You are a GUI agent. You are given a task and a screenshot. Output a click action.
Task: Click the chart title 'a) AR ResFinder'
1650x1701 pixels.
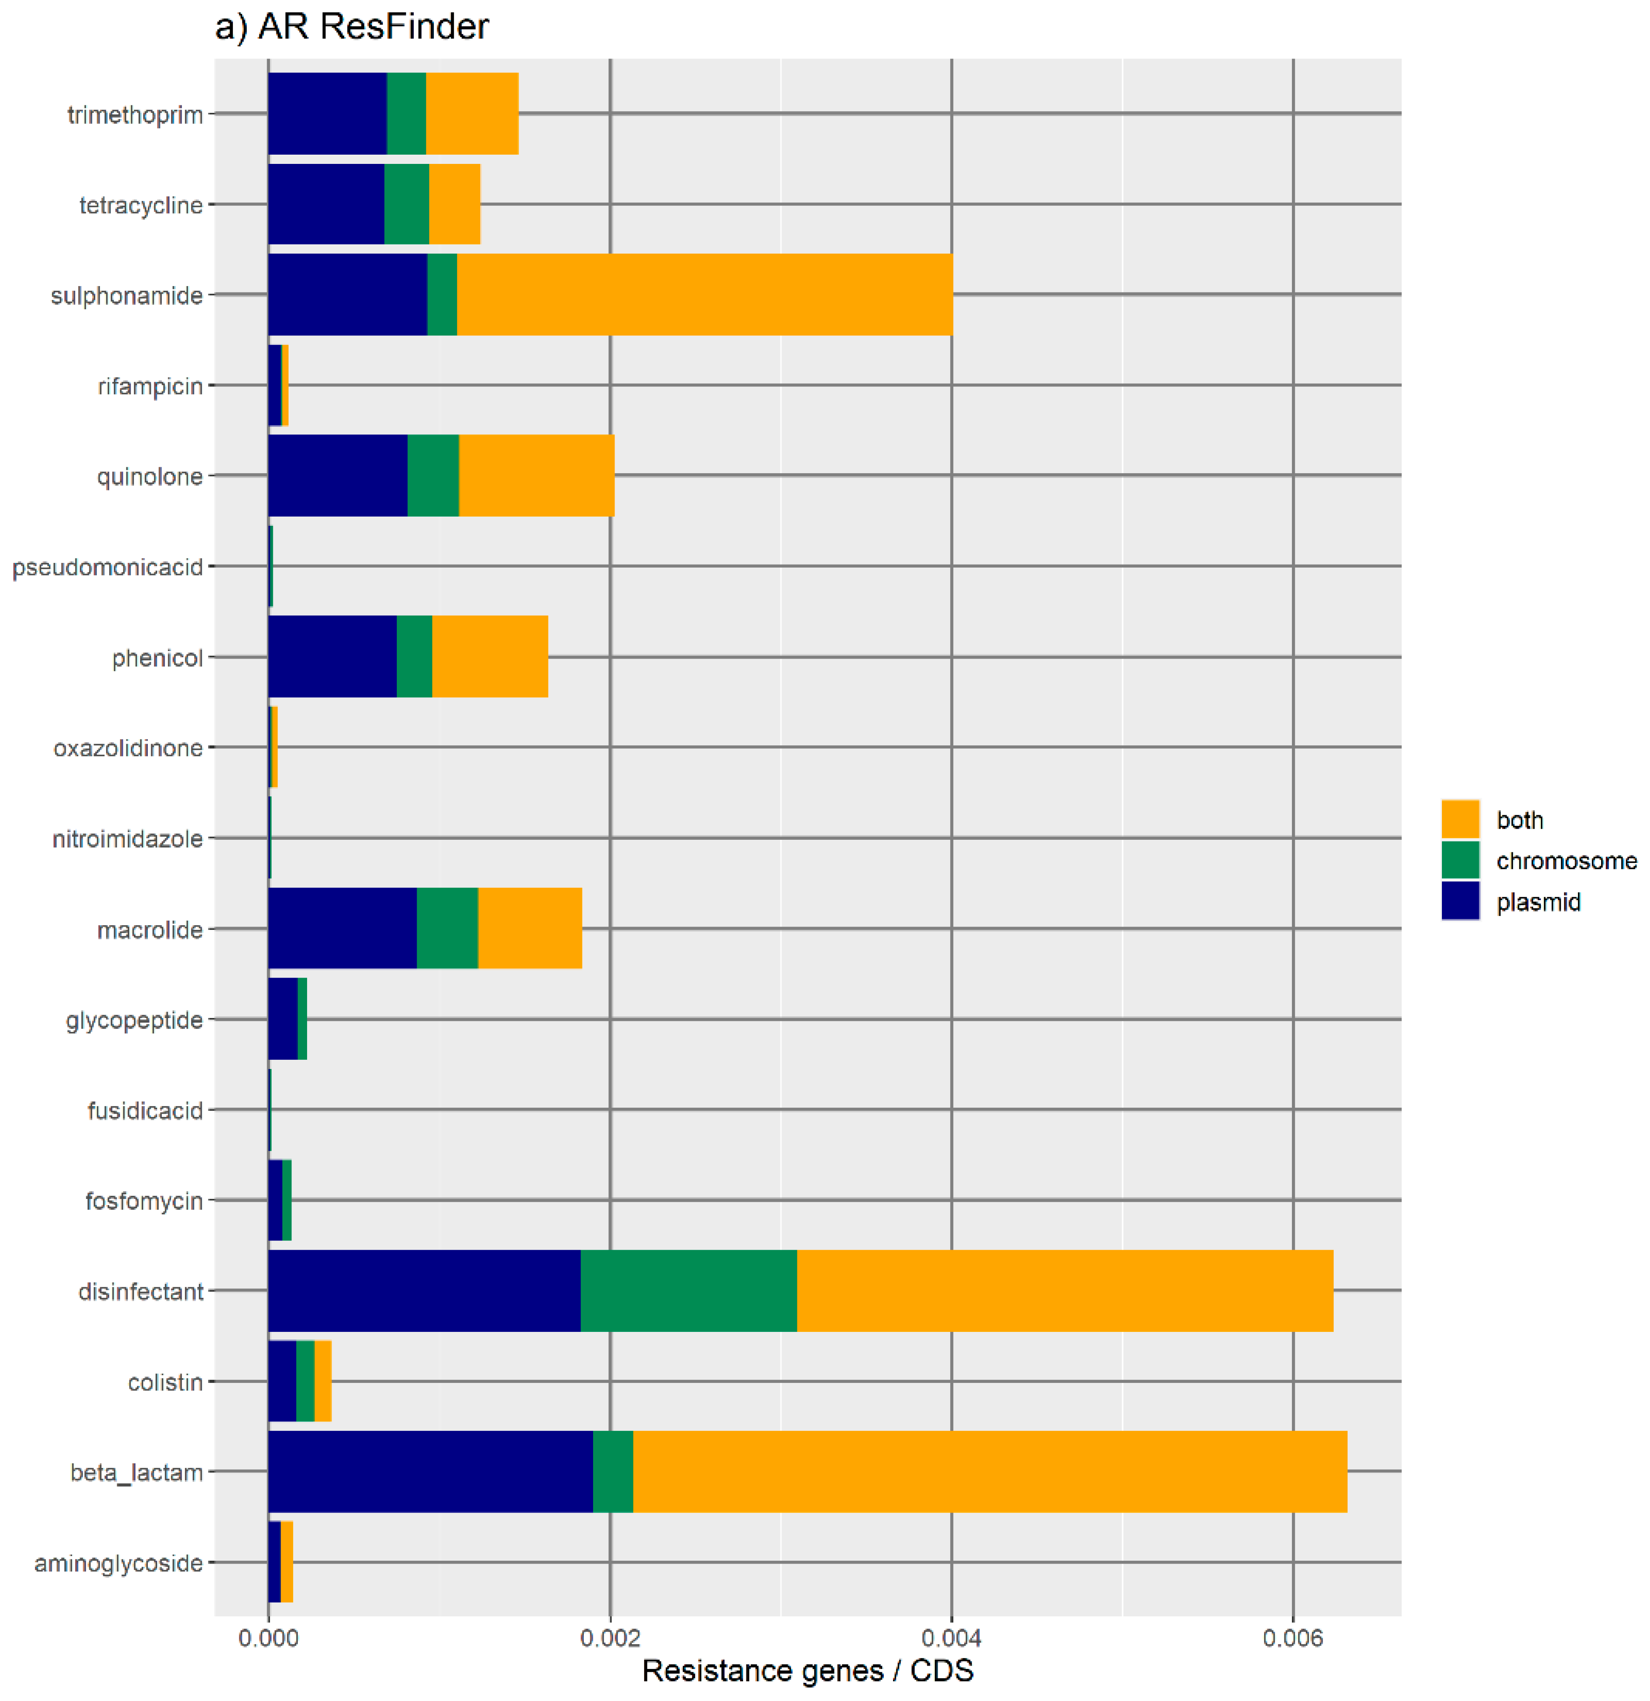tap(351, 27)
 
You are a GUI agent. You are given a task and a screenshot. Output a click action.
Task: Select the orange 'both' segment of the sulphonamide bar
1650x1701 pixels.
tap(704, 294)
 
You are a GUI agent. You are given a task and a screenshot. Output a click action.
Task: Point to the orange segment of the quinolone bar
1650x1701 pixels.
tap(536, 476)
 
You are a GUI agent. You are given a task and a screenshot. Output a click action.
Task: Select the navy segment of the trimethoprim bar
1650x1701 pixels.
tap(327, 114)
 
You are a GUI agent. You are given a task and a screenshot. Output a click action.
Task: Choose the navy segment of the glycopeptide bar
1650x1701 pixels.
tap(283, 1019)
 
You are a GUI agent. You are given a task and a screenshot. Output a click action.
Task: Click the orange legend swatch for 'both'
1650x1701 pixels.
tap(1460, 819)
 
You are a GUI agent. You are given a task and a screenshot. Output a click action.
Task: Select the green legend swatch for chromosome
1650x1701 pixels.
tap(1460, 860)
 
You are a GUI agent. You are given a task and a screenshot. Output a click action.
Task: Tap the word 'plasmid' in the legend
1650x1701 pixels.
tap(1538, 902)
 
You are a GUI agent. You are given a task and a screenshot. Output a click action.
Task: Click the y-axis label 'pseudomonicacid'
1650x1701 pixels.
tap(107, 567)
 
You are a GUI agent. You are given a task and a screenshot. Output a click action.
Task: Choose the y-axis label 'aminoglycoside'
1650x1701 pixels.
tap(118, 1563)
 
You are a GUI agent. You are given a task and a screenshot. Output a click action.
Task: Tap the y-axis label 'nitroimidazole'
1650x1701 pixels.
tap(128, 838)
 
